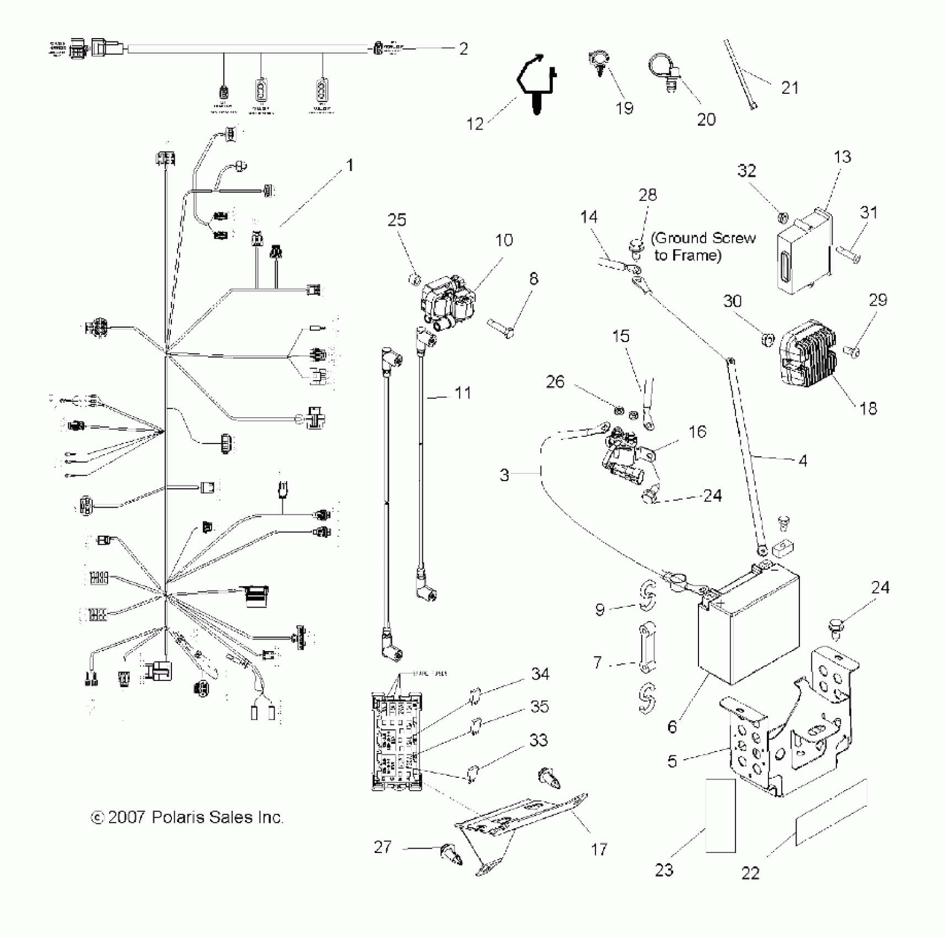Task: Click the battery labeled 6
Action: click(x=749, y=629)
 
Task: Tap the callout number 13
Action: click(x=842, y=157)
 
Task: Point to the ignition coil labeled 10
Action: click(x=448, y=303)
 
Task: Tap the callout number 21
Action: click(x=790, y=88)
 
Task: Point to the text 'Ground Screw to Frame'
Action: click(x=703, y=247)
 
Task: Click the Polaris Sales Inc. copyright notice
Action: click(x=187, y=817)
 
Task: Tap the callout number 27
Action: click(x=383, y=847)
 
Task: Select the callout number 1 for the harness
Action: click(x=350, y=166)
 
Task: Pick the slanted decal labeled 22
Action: click(x=831, y=813)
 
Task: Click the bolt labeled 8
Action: click(x=501, y=327)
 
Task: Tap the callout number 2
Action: click(x=463, y=49)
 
